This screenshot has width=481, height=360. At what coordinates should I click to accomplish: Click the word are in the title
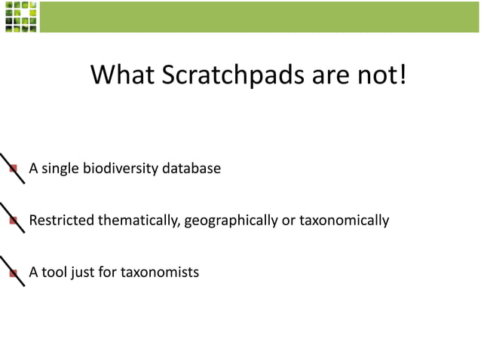(x=308, y=75)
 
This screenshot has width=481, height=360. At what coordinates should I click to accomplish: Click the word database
(x=192, y=168)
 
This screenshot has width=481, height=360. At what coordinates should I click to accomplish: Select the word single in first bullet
(x=59, y=168)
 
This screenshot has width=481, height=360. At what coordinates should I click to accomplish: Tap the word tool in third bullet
(x=54, y=272)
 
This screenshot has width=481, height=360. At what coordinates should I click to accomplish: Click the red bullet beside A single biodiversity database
(x=13, y=169)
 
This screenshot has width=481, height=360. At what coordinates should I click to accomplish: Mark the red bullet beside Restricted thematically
(x=13, y=221)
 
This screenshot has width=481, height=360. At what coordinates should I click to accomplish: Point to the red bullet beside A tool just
(x=13, y=273)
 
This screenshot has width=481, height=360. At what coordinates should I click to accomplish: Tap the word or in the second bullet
(x=289, y=221)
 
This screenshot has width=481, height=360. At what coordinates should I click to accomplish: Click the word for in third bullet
(x=108, y=272)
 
